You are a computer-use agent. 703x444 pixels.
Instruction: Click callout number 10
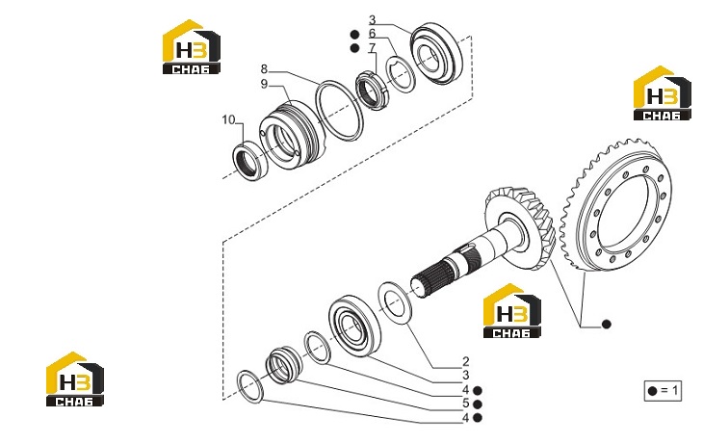pos(228,119)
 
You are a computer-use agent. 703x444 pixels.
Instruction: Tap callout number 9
pos(264,84)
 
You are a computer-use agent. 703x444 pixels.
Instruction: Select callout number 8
pos(264,69)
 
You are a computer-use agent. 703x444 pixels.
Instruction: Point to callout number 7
pos(372,47)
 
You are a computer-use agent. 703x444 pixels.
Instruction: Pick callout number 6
pos(372,34)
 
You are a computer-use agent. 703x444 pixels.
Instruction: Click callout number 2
pos(466,361)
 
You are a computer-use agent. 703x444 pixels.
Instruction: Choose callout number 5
pos(466,404)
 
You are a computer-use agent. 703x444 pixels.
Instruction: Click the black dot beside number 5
pos(478,405)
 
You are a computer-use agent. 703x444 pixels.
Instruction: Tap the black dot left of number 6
pos(354,35)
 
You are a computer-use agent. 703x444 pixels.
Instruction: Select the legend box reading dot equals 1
pos(663,391)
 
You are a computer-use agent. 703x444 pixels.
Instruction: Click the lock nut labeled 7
pos(371,91)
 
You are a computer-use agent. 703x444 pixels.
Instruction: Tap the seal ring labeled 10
pos(250,161)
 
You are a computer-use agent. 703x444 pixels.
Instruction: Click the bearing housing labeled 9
pos(292,135)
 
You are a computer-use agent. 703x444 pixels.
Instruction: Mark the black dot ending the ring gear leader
pos(606,325)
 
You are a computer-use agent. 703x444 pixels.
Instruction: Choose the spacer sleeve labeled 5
pos(284,365)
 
